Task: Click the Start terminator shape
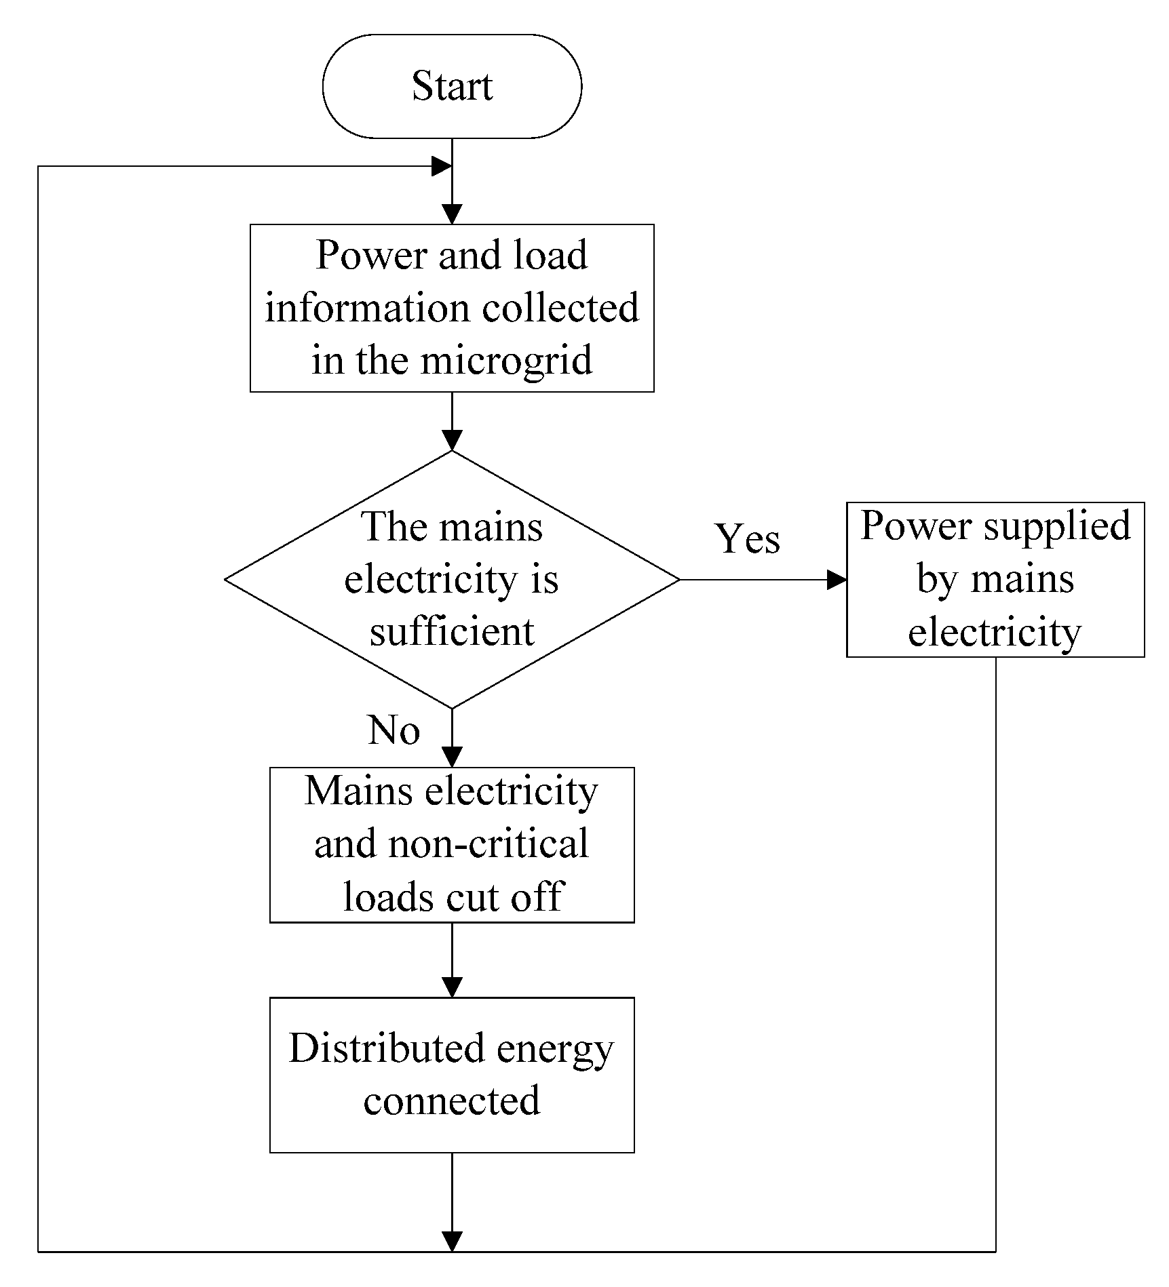pyautogui.click(x=452, y=87)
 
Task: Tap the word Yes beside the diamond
pyautogui.click(x=748, y=540)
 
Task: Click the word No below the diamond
pyautogui.click(x=394, y=731)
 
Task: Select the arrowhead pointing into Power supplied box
pyautogui.click(x=837, y=580)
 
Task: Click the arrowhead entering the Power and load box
pyautogui.click(x=452, y=214)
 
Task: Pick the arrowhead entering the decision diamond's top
pyautogui.click(x=452, y=440)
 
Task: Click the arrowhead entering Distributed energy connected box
pyautogui.click(x=452, y=987)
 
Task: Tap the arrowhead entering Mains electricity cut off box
pyautogui.click(x=452, y=757)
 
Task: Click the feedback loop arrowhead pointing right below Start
pyautogui.click(x=442, y=166)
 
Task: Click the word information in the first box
pyautogui.click(x=367, y=309)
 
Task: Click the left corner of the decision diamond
pyautogui.click(x=227, y=580)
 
